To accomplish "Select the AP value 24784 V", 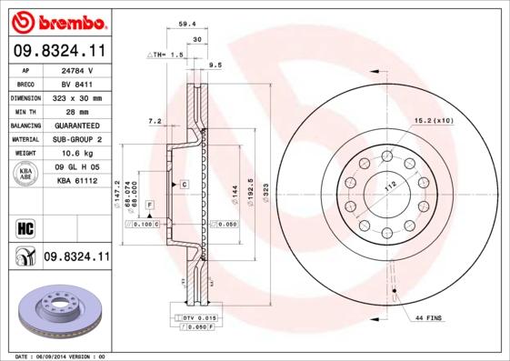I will [x=78, y=70].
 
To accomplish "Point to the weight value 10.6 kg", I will [x=78, y=154].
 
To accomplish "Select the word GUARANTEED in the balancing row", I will [x=78, y=125].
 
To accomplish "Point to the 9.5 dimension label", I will [x=215, y=65].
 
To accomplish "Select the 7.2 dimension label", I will [x=155, y=120].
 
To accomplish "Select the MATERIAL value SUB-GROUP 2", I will [x=78, y=140].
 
